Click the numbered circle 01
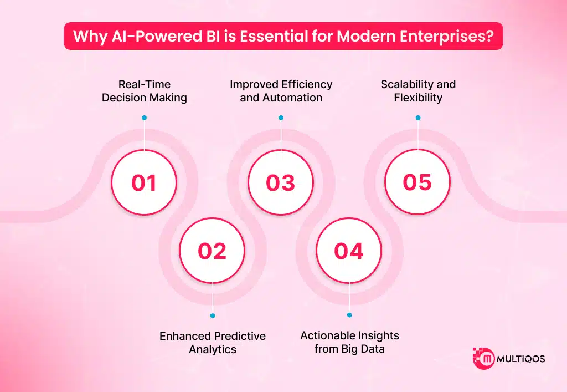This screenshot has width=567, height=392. click(144, 183)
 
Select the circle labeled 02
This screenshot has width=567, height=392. click(213, 251)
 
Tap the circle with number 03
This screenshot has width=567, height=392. click(281, 183)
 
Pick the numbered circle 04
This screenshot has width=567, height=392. click(349, 251)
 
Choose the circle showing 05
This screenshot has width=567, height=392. click(417, 183)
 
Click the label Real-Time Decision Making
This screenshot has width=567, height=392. click(144, 91)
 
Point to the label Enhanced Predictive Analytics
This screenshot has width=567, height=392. click(213, 343)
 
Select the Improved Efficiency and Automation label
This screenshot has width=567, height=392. click(281, 91)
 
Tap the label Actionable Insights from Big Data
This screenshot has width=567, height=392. click(349, 342)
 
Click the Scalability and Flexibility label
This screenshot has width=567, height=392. click(418, 91)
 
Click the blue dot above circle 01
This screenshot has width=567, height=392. click(144, 118)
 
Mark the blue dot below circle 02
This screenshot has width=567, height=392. click(213, 315)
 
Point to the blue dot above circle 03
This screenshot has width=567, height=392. click(281, 118)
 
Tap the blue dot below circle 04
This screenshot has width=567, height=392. click(349, 315)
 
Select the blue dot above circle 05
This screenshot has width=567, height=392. click(417, 118)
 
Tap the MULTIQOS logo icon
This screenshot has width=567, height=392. click(483, 359)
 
